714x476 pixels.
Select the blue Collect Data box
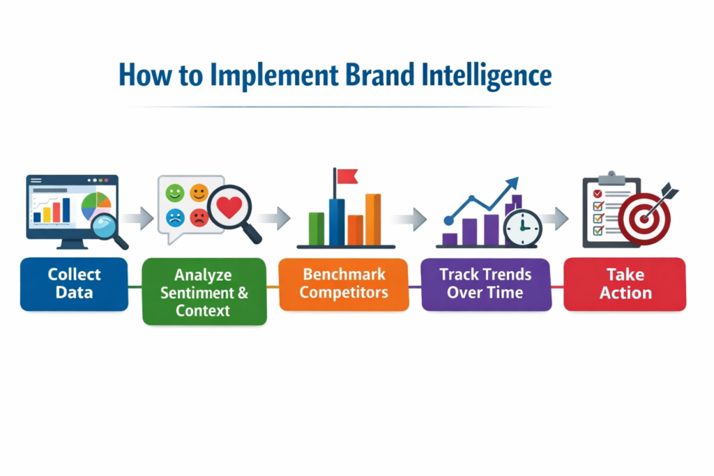[x=74, y=284]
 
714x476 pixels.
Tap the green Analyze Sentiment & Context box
[x=204, y=291]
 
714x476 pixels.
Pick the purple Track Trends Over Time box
[x=485, y=283]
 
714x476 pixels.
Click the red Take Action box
[x=625, y=284]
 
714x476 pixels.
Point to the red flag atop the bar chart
[x=346, y=176]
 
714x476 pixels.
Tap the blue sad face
[x=175, y=218]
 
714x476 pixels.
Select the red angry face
[x=199, y=218]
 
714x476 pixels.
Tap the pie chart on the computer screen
[x=96, y=205]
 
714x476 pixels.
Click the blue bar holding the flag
[x=336, y=222]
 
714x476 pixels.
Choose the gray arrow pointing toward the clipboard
[x=555, y=219]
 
